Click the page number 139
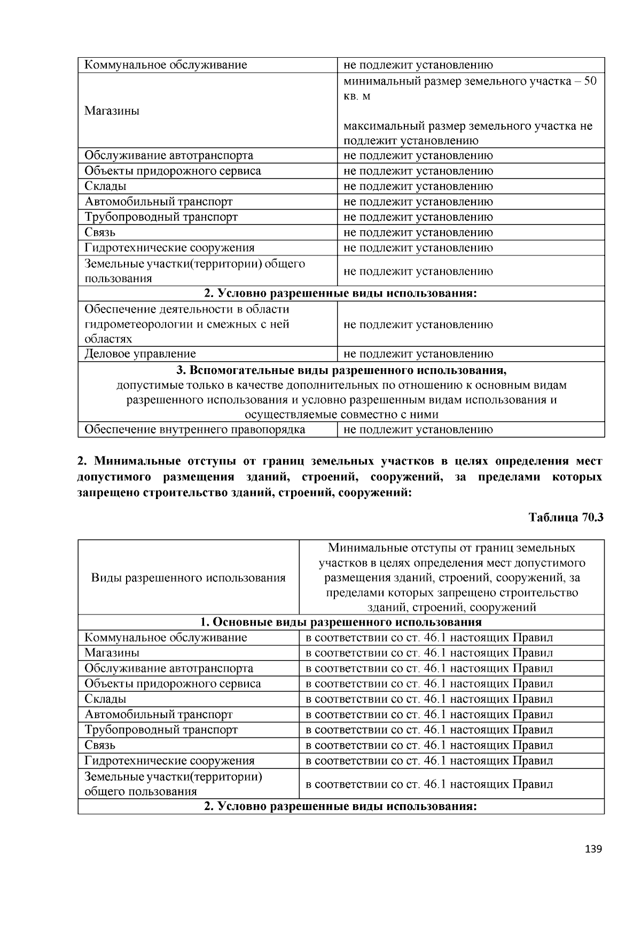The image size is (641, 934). click(593, 849)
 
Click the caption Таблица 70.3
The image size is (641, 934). click(566, 517)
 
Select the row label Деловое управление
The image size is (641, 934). click(140, 354)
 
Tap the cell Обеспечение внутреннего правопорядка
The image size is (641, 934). click(195, 430)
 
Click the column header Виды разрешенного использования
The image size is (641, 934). click(188, 578)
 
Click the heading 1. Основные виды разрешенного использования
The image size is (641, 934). click(341, 622)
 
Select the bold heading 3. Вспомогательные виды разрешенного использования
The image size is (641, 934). click(341, 370)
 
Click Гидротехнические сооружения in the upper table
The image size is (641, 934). click(169, 248)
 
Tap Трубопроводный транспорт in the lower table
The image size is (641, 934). click(161, 730)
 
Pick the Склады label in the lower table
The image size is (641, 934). click(105, 699)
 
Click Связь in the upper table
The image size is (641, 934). click(100, 232)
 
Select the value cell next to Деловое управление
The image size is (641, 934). click(418, 354)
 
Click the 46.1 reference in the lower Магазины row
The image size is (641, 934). click(434, 653)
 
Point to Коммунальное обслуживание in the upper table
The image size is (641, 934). click(166, 65)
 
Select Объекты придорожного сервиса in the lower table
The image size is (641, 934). click(173, 684)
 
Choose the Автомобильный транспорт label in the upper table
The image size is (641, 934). click(159, 202)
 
